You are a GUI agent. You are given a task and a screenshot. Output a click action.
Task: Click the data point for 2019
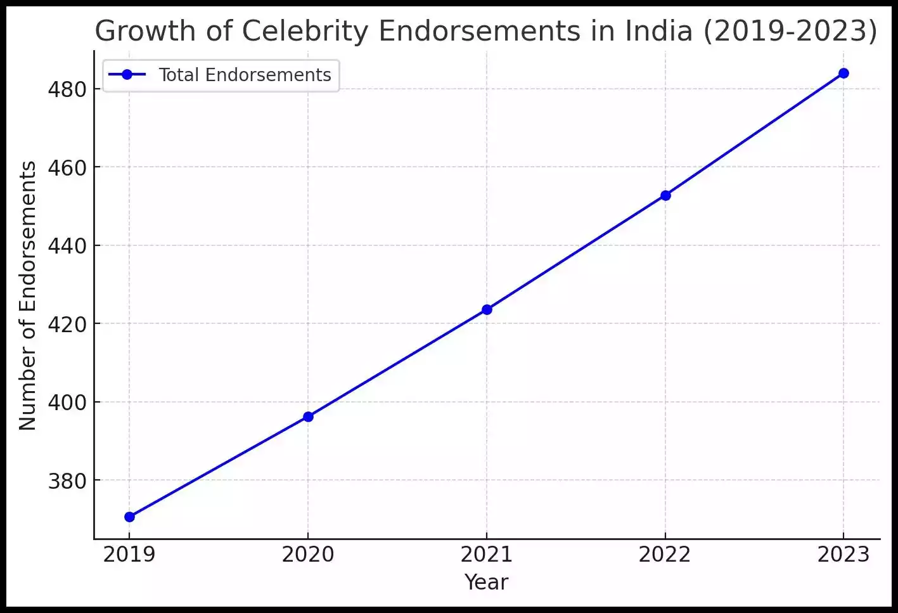[x=129, y=517]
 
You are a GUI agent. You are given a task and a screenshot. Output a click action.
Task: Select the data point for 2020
[x=308, y=416]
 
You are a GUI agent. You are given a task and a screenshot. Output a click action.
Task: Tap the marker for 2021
[x=487, y=309]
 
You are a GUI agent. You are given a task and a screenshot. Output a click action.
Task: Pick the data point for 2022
[x=665, y=195]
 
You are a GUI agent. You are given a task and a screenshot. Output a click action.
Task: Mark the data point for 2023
[x=843, y=73]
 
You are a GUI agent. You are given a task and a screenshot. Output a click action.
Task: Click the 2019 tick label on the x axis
[x=129, y=555]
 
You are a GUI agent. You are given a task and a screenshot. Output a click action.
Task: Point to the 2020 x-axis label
[x=308, y=555]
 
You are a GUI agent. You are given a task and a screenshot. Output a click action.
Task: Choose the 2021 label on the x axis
[x=487, y=555]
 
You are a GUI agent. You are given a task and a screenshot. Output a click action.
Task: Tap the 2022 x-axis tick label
[x=665, y=555]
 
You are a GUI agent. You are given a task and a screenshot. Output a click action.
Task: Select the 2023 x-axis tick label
[x=843, y=555]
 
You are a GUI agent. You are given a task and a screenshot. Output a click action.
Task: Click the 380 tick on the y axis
[x=67, y=481]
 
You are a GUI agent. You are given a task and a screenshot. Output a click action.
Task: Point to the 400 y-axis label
[x=67, y=403]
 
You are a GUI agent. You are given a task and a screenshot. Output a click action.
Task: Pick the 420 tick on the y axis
[x=67, y=324]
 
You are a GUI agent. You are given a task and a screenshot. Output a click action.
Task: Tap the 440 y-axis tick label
[x=67, y=246]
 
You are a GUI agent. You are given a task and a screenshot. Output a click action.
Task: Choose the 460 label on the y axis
[x=67, y=167]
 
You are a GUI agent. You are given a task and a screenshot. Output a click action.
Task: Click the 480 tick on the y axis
[x=67, y=89]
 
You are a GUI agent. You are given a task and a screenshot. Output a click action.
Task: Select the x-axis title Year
[x=486, y=582]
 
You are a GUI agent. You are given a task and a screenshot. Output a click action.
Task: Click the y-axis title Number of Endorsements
[x=28, y=295]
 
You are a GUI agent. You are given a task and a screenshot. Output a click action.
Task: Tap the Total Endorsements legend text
[x=245, y=75]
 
